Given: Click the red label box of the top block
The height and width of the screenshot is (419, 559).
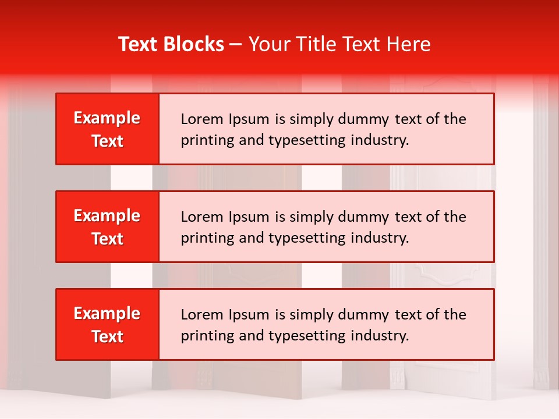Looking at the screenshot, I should pyautogui.click(x=107, y=129).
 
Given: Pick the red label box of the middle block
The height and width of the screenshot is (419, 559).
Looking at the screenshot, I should pyautogui.click(x=107, y=226).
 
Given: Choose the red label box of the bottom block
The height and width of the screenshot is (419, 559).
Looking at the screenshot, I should pyautogui.click(x=107, y=324).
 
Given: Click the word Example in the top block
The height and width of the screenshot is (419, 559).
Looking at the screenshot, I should pyautogui.click(x=107, y=118).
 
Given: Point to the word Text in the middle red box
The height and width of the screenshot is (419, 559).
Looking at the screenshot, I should pyautogui.click(x=107, y=239).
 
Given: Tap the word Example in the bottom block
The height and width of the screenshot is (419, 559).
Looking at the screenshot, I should pyautogui.click(x=107, y=314).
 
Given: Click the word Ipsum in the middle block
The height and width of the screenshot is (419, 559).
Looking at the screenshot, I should pyautogui.click(x=249, y=217).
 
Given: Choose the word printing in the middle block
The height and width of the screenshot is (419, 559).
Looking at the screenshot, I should pyautogui.click(x=204, y=238).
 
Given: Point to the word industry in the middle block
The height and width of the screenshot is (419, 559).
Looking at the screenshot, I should pyautogui.click(x=381, y=238).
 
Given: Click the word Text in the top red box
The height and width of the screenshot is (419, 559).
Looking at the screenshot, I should pyautogui.click(x=107, y=141).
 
